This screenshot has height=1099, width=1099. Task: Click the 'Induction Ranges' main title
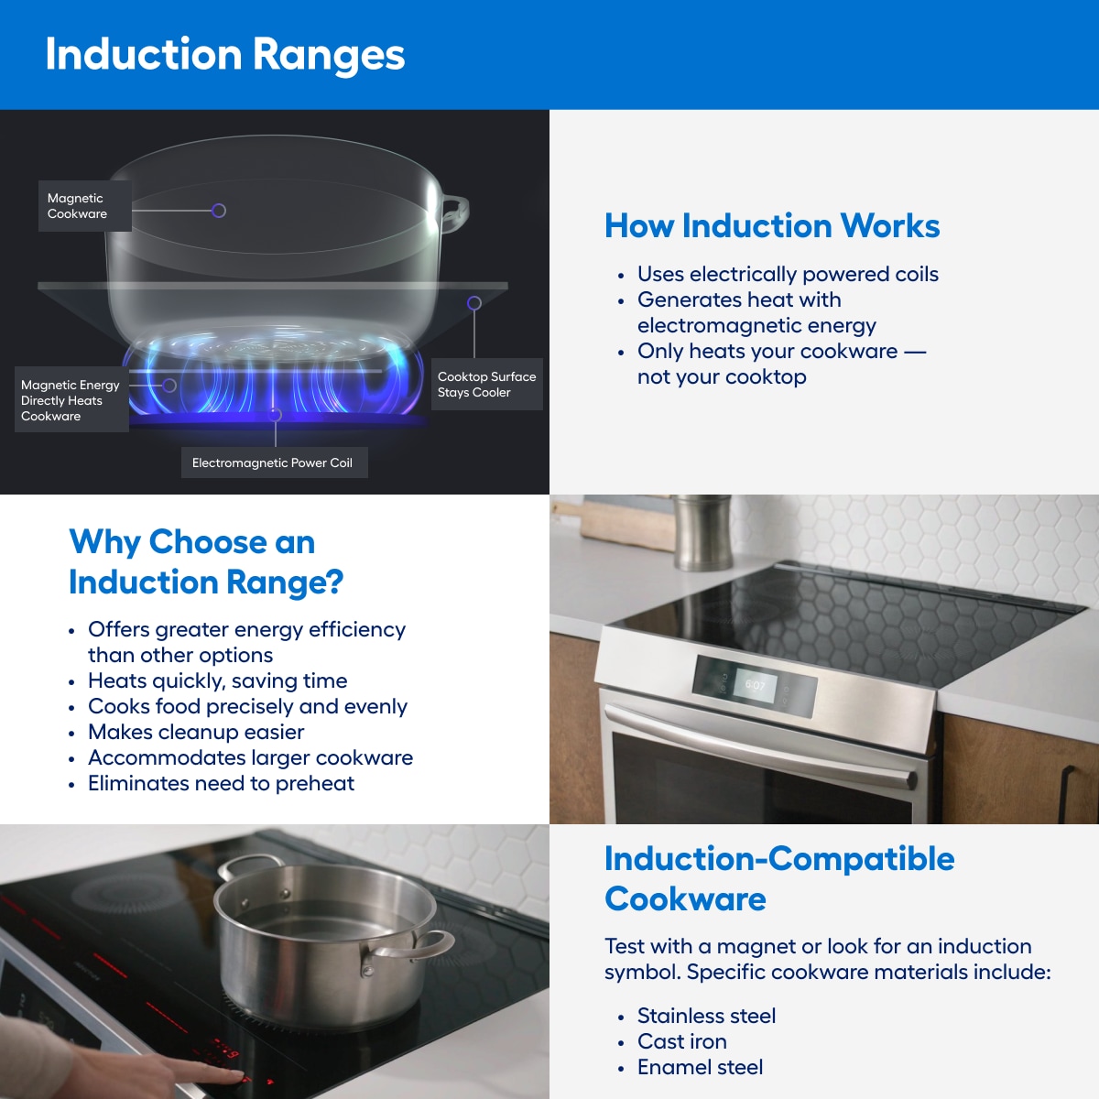224,55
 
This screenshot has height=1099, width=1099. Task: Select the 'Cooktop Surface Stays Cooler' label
486,385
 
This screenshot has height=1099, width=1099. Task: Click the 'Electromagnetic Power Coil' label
272,463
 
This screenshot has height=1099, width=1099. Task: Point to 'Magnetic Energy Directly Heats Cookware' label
71,401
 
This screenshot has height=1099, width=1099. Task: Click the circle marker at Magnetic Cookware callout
219,211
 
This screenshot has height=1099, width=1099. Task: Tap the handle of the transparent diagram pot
455,210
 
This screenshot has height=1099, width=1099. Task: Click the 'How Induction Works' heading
771,226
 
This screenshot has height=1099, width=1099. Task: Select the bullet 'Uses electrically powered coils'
788,275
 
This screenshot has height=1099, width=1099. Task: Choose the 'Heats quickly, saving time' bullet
217,681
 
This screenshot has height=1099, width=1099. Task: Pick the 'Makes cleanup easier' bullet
196,733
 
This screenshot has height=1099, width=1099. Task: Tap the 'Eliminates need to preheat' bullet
221,784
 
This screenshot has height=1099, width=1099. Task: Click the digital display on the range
755,685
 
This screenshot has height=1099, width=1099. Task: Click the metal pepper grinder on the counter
702,532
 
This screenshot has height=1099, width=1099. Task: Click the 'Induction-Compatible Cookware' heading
778,879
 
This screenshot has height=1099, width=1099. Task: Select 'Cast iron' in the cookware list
681,1042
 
